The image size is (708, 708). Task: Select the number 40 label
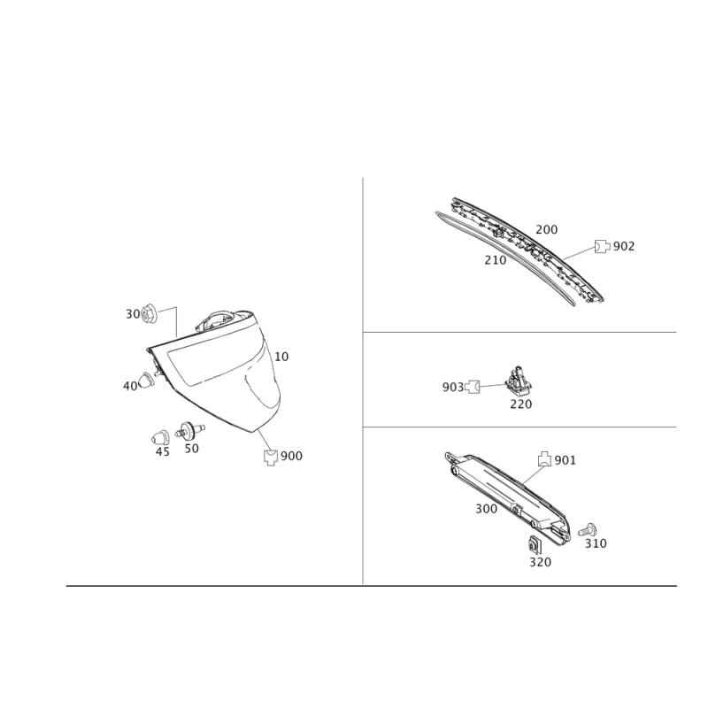point(129,386)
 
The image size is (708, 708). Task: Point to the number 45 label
point(162,450)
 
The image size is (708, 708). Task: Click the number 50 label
point(191,449)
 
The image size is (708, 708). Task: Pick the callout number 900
point(291,457)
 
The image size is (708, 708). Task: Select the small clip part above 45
point(161,436)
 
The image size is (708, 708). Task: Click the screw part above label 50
point(189,431)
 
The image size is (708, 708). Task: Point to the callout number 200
point(547,229)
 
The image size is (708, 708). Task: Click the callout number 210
point(494,260)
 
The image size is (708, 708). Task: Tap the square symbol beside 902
point(601,246)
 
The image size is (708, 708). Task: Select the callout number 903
point(452,387)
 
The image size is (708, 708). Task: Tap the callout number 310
point(596,542)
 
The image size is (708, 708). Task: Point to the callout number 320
point(540,562)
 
